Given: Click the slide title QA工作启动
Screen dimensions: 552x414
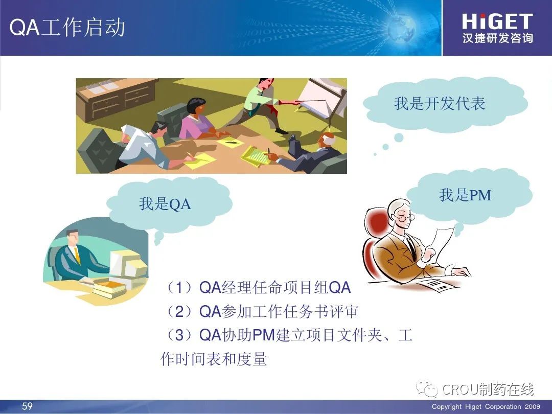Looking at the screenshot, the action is click(x=67, y=27).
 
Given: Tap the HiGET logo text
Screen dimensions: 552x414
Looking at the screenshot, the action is click(x=497, y=21).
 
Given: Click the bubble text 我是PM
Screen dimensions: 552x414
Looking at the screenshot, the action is click(x=465, y=195).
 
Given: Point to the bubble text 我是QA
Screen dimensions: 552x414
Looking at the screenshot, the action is click(x=165, y=204).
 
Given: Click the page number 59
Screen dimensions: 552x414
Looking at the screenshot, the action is click(x=27, y=406).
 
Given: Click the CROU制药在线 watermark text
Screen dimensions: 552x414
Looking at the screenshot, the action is click(x=488, y=389).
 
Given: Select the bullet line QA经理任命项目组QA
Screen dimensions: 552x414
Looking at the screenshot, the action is click(x=259, y=288).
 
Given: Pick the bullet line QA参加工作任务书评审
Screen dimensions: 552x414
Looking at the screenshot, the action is click(x=262, y=311).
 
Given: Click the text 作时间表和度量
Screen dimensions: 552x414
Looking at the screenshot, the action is click(x=214, y=359).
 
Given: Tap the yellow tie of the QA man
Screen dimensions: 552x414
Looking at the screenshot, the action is click(x=77, y=256).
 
